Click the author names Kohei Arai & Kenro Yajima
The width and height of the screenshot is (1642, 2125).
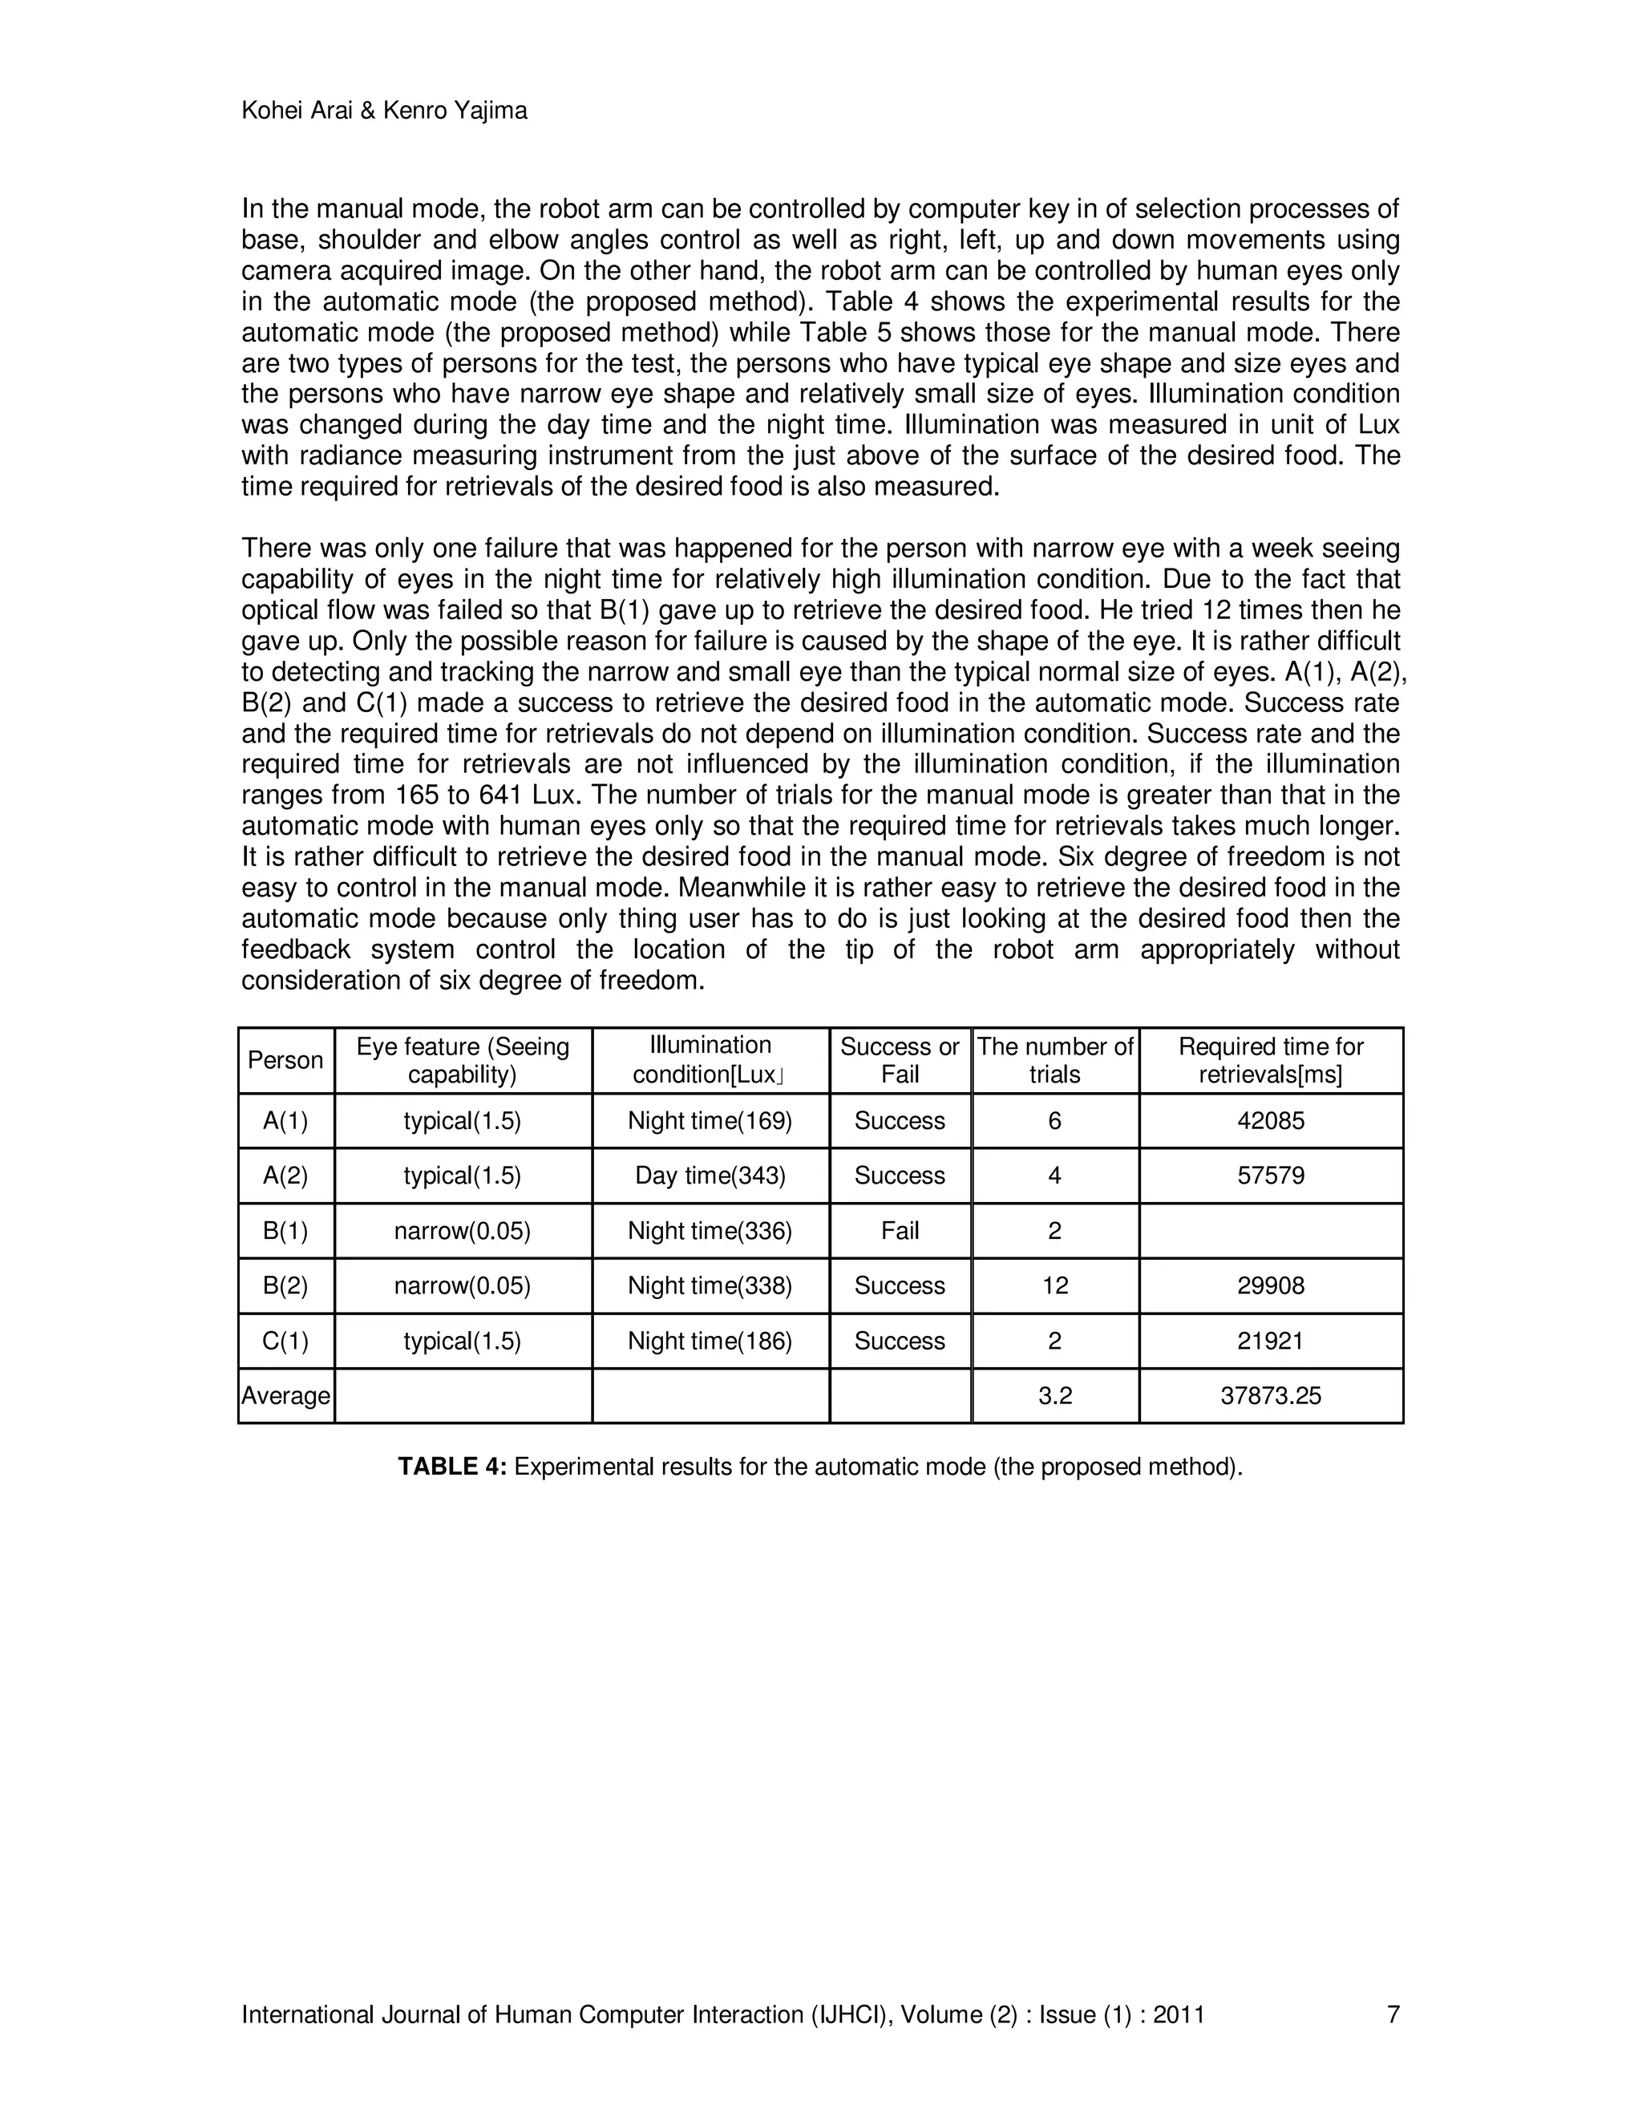(384, 111)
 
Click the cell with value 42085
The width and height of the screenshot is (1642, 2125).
(1271, 1121)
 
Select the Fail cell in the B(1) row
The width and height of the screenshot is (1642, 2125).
(900, 1231)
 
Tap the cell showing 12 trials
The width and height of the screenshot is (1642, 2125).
(1054, 1285)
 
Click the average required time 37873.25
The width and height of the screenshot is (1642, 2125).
(1271, 1396)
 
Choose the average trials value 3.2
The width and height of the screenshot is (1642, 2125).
(1054, 1396)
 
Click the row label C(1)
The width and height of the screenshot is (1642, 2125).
(285, 1341)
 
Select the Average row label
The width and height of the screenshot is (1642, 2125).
(285, 1396)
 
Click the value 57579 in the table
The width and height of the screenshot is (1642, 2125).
(1271, 1176)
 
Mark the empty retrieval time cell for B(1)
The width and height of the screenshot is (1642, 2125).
(1271, 1231)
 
